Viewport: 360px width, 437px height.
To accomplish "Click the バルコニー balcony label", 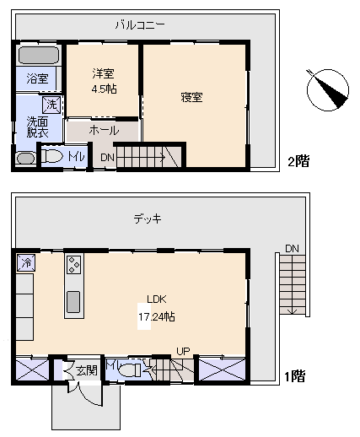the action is click(140, 25).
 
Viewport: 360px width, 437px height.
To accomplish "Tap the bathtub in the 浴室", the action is click(39, 55).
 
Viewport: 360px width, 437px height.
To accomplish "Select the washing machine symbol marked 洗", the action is click(51, 105).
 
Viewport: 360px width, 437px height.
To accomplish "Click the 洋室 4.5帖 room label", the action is click(104, 81).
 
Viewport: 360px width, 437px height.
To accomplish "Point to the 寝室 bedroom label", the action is click(191, 97).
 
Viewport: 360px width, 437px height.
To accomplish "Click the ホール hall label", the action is click(104, 131).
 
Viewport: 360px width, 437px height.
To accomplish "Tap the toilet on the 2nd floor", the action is click(52, 156).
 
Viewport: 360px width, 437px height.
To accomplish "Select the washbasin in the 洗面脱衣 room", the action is click(26, 159).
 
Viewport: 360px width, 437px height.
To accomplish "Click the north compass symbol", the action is click(328, 90).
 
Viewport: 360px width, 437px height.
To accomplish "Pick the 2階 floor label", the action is click(298, 162).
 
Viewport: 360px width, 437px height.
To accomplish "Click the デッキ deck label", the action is click(148, 218).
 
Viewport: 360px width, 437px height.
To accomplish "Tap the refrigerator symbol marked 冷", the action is click(26, 263).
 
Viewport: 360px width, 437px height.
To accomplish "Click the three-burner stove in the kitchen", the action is click(74, 264).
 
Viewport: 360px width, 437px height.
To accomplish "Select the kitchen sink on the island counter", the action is click(73, 302).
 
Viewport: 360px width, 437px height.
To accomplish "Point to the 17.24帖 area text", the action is click(157, 317).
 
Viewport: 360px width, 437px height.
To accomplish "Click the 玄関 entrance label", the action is click(87, 370).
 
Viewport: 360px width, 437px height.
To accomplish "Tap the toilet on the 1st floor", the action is click(130, 370).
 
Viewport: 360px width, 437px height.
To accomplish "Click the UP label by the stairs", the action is click(183, 351).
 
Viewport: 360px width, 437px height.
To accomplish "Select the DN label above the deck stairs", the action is click(292, 249).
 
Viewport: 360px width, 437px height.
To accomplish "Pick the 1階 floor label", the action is click(295, 376).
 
